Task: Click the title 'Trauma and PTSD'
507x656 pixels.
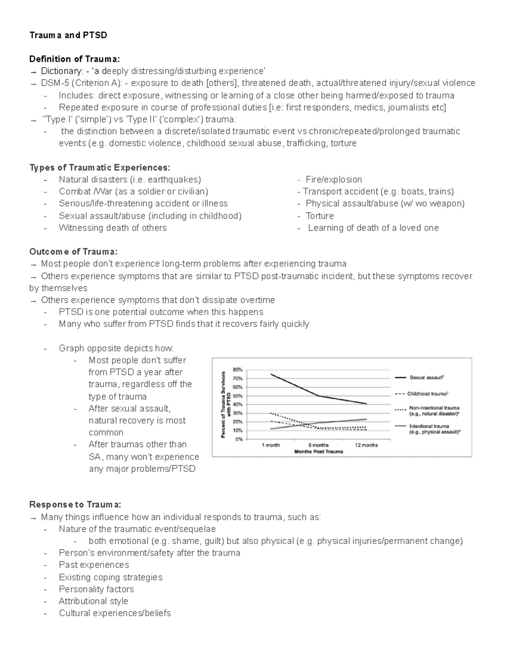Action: click(68, 35)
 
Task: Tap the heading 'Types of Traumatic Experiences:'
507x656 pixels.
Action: click(99, 168)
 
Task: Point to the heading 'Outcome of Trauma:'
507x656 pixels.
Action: click(73, 252)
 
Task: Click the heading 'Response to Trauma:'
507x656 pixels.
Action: click(75, 505)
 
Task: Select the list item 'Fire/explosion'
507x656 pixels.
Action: click(333, 180)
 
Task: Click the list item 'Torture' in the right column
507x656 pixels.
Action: click(319, 216)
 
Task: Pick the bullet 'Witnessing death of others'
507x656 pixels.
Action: click(112, 228)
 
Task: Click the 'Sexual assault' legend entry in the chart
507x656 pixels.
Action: click(426, 377)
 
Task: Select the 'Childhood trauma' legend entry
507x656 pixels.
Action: click(427, 394)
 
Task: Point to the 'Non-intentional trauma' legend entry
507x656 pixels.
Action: click(434, 408)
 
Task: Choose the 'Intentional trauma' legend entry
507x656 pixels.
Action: click(429, 426)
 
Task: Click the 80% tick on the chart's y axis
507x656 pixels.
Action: click(237, 370)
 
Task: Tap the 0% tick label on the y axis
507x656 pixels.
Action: click(239, 439)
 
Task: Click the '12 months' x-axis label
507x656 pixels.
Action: click(366, 445)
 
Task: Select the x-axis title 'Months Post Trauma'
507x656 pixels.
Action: click(318, 452)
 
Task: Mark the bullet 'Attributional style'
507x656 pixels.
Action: click(93, 601)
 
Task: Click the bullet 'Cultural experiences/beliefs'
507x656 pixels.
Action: click(114, 613)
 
